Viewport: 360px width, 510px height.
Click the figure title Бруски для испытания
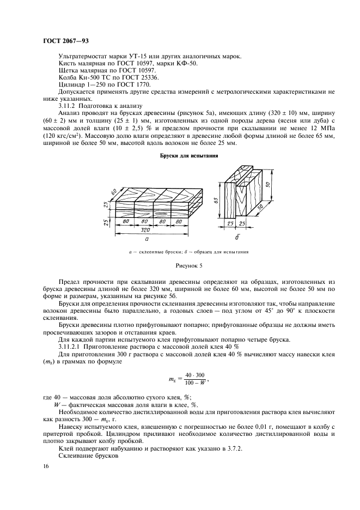pos(189,155)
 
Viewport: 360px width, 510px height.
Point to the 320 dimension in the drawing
pos(144,230)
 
